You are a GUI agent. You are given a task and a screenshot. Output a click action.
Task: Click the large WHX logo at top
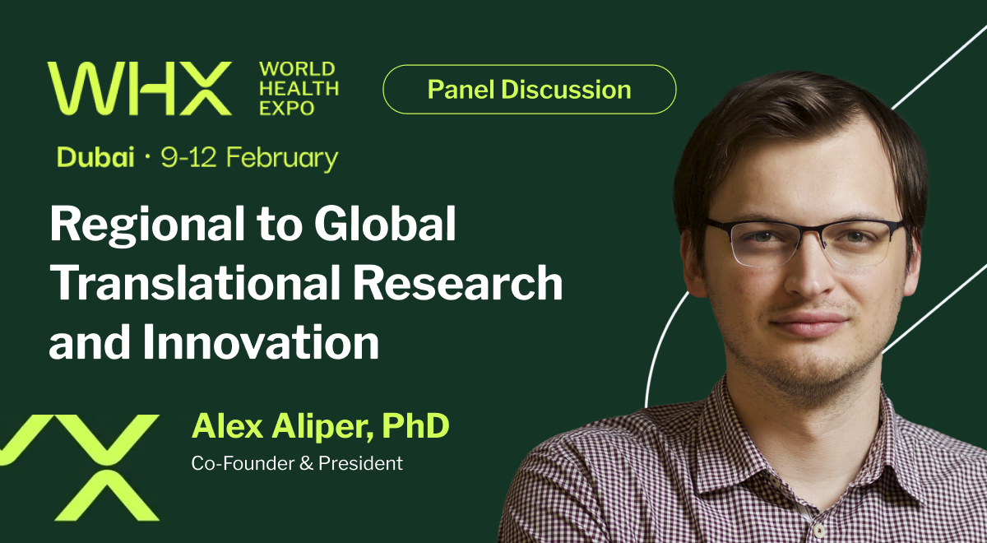point(140,88)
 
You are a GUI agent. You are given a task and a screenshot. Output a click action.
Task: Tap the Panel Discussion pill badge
point(529,90)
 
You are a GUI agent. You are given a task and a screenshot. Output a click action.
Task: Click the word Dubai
point(95,157)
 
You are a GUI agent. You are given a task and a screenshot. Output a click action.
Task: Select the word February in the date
point(282,159)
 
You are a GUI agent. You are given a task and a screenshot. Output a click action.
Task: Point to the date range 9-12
point(188,157)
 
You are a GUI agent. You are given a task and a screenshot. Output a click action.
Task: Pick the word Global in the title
point(385,223)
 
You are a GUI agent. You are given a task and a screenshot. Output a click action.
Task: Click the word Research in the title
point(457,282)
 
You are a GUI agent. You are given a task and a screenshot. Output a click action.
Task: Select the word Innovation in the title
point(261,342)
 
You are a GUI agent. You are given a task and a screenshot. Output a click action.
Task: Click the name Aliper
point(322,426)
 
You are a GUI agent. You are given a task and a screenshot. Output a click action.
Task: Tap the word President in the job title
point(360,463)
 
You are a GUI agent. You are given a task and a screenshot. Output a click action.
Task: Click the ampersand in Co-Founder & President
point(305,463)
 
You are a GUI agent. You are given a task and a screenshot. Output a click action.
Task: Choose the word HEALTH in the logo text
point(299,89)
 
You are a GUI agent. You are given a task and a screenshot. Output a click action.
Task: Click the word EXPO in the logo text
point(286,108)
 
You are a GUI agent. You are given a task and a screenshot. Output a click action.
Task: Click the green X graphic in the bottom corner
point(79,467)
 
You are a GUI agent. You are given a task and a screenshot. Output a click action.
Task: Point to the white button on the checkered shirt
point(818,530)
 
